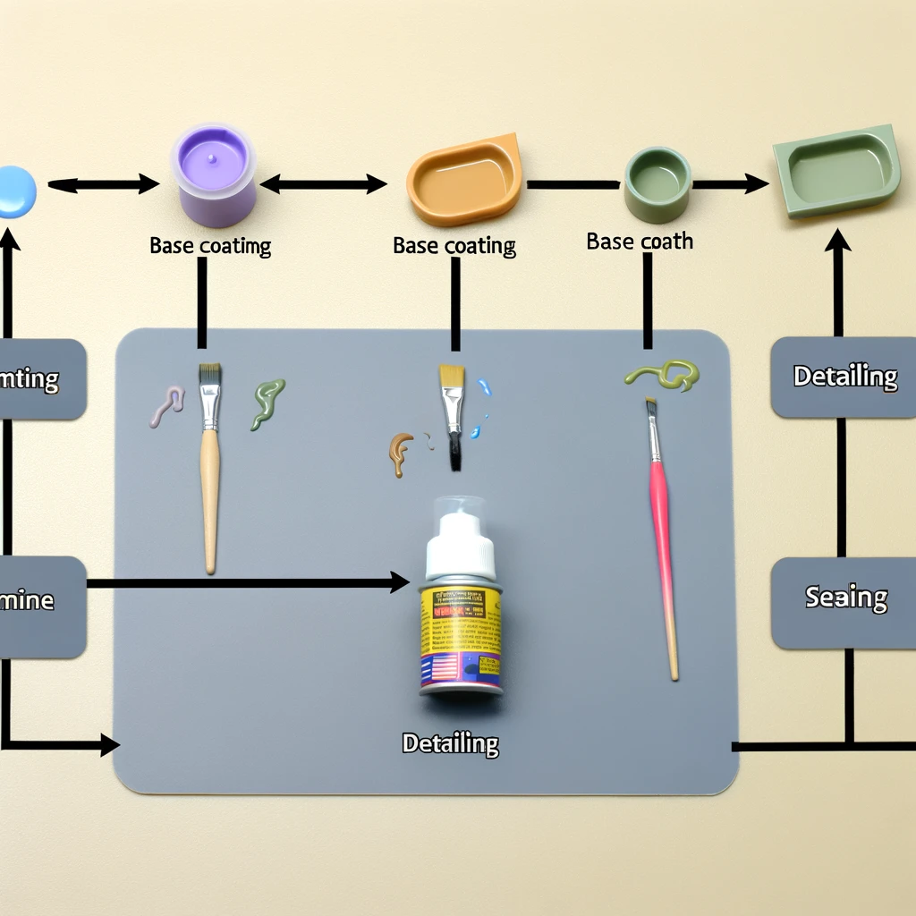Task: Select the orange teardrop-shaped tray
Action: point(463,179)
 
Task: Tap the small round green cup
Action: point(657,184)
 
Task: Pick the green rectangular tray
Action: point(836,171)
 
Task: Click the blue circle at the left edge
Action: point(15,191)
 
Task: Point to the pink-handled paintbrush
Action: point(662,537)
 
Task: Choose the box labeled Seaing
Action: point(844,597)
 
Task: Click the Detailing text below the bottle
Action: point(450,742)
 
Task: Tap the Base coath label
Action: point(640,241)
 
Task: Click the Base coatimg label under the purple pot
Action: point(210,245)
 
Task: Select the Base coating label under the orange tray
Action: point(454,245)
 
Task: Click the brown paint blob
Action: point(400,452)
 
